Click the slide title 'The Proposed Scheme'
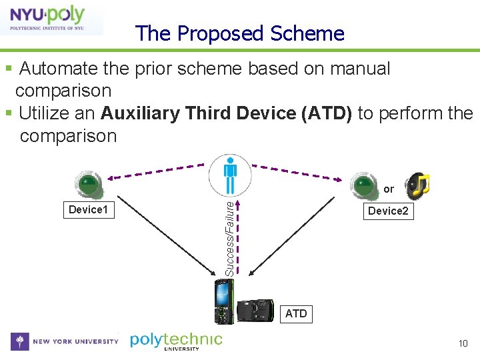pos(240,33)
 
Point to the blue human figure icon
pos(230,175)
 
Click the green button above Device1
pos(89,185)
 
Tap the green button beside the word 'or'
pos(363,185)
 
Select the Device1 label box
pos(89,210)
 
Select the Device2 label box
pos(387,211)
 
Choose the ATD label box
pos(296,313)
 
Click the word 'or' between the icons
pos(389,189)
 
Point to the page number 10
pos(463,343)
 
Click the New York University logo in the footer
pos(65,341)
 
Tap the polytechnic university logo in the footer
pos(176,341)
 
